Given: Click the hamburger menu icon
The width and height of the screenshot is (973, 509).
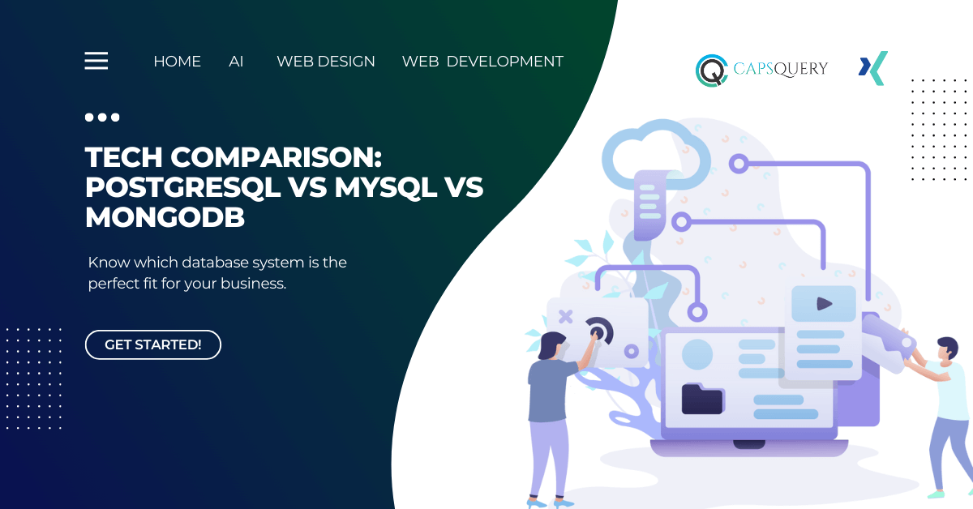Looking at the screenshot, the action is pyautogui.click(x=96, y=60).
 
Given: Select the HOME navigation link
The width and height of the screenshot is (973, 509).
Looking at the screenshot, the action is pyautogui.click(x=178, y=62).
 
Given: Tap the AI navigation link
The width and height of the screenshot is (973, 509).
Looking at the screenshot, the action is pyautogui.click(x=236, y=62).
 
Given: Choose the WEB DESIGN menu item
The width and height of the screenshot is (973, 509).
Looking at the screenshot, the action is pyautogui.click(x=326, y=62).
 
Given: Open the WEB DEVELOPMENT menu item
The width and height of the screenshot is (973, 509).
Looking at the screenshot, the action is pyautogui.click(x=482, y=62).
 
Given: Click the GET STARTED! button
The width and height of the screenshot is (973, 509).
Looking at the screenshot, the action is pyautogui.click(x=153, y=344).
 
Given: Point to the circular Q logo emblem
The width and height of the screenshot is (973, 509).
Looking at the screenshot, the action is pyautogui.click(x=712, y=71).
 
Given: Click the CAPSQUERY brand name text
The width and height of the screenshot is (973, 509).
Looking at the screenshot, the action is pyautogui.click(x=781, y=69).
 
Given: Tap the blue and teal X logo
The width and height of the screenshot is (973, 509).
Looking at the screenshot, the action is pyautogui.click(x=873, y=68).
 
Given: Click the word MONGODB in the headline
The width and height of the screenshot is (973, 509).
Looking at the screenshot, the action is pyautogui.click(x=165, y=216).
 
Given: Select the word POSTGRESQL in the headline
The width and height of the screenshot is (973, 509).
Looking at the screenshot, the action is pyautogui.click(x=183, y=187).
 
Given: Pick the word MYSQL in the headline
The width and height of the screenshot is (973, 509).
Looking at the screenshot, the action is pyautogui.click(x=386, y=187).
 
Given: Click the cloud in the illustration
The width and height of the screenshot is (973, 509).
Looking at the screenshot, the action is pyautogui.click(x=656, y=154).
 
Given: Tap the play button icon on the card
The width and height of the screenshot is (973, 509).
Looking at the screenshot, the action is pyautogui.click(x=824, y=304).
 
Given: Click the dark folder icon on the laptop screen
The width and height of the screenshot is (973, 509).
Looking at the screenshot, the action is pyautogui.click(x=702, y=399).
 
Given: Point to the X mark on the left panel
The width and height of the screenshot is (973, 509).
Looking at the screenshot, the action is pyautogui.click(x=566, y=317).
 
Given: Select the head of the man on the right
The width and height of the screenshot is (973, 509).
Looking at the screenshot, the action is pyautogui.click(x=947, y=348).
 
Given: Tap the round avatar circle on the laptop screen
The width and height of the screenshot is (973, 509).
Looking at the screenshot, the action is pyautogui.click(x=697, y=354).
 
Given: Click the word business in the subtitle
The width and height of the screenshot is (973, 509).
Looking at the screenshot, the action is pyautogui.click(x=253, y=284).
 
